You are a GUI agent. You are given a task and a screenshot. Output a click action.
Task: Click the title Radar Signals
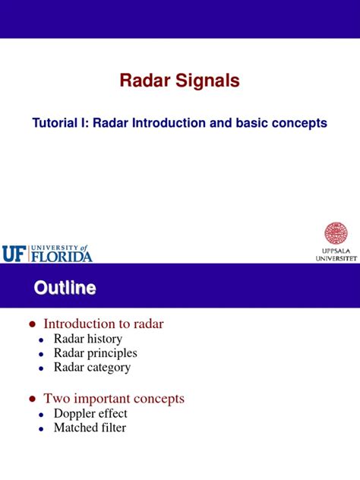180,81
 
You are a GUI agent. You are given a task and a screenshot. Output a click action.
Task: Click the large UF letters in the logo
14,254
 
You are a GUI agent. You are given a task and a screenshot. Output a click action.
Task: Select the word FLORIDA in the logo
62,256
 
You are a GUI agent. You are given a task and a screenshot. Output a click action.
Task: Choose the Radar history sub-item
87,339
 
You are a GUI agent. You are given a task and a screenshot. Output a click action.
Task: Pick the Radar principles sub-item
95,353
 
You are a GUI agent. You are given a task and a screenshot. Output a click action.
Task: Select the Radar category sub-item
92,368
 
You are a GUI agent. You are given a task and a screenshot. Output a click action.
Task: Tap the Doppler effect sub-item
90,413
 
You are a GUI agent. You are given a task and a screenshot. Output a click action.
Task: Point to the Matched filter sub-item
90,428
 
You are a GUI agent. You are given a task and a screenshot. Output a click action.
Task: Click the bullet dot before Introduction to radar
32,324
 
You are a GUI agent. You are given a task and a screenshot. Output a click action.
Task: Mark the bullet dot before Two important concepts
32,399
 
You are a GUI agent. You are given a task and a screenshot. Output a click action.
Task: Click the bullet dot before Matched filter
42,428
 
